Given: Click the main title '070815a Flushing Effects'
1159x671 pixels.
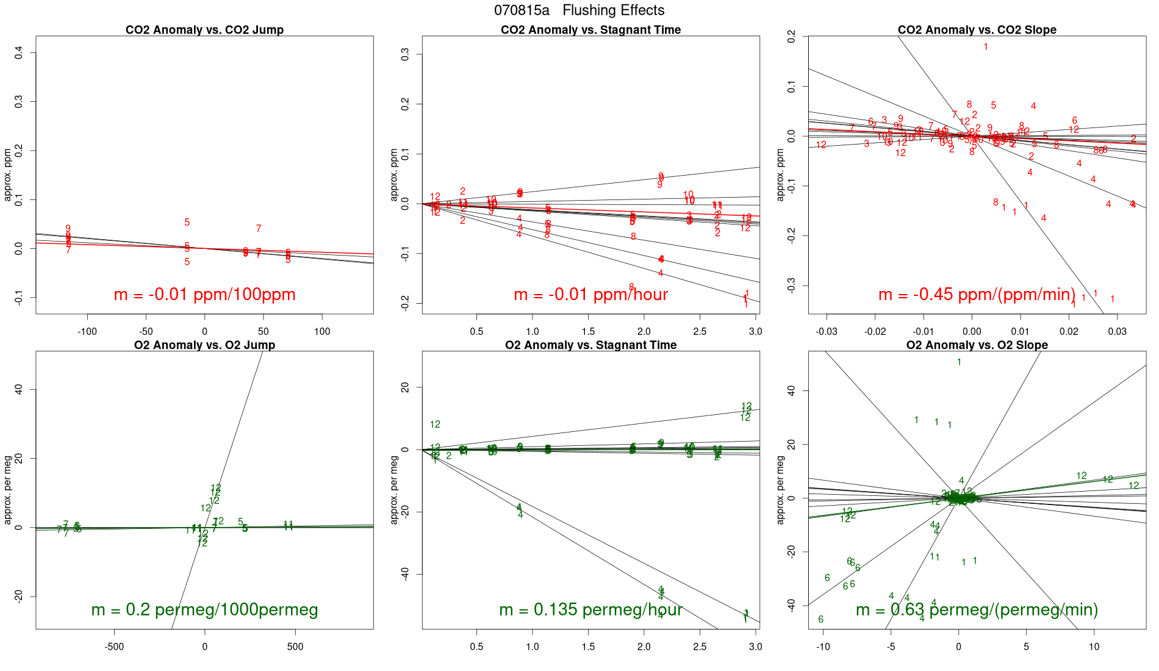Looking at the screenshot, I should point(579,10).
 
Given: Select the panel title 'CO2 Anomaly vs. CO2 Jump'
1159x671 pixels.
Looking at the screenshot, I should point(204,30).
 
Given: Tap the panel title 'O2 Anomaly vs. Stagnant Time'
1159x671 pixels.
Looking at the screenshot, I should point(590,345).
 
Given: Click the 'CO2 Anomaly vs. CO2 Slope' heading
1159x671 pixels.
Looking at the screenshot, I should point(977,30).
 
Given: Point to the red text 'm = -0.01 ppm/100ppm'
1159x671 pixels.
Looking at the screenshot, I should point(204,295).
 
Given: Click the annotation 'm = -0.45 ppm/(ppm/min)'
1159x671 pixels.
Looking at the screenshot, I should point(977,295).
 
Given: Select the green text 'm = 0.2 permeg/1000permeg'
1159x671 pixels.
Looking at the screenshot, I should point(204,610).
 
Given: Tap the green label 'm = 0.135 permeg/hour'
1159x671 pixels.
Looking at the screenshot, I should point(590,610).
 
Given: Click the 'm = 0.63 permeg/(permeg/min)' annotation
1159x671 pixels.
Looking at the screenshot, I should point(977,610).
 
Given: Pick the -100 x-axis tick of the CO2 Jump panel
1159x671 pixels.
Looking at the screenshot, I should point(87,332).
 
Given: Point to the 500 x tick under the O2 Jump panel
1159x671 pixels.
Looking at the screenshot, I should point(295,647).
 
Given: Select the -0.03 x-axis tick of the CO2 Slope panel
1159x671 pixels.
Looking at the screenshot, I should point(827,332).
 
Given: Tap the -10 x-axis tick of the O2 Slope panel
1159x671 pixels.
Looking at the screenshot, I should point(823,647).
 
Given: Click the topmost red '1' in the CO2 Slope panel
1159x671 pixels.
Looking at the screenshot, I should point(986,47).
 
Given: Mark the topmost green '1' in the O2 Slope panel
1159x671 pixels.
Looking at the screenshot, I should point(959,362).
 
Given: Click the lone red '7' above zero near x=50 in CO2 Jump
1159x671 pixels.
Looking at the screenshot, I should point(259,229).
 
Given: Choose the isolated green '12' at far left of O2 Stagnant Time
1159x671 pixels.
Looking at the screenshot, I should point(435,425).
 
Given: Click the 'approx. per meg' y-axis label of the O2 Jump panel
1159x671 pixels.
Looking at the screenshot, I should point(8,490).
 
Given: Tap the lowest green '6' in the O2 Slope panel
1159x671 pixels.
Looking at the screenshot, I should point(821,620).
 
